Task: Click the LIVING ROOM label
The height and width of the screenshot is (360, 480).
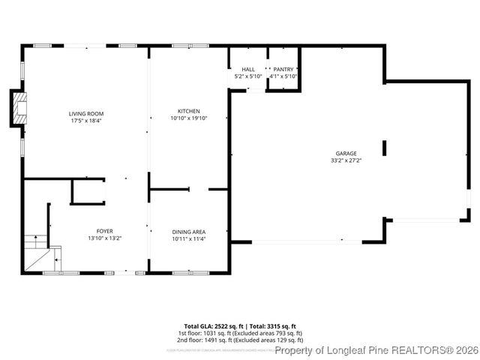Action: (x=85, y=113)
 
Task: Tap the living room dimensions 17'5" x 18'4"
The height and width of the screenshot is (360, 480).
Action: (x=85, y=120)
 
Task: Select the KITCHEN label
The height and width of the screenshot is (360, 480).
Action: (x=188, y=111)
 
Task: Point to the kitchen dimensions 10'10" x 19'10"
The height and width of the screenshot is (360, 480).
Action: (x=188, y=118)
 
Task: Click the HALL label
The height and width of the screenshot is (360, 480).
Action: (x=248, y=69)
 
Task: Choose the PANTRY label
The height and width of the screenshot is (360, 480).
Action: (x=283, y=69)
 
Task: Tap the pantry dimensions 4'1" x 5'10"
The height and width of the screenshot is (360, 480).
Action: (x=283, y=76)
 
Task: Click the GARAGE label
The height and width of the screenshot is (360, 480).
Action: (x=346, y=153)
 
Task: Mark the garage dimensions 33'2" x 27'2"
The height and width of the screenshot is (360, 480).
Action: (x=346, y=160)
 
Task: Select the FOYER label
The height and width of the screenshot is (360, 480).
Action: (x=104, y=232)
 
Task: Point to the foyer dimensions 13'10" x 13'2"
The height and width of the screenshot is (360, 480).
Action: (x=104, y=238)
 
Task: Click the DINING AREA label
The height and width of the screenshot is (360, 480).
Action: (x=188, y=232)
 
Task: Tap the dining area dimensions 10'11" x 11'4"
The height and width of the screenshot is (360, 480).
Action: (x=188, y=238)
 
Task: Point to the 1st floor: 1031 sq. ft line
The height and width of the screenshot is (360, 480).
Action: (x=239, y=332)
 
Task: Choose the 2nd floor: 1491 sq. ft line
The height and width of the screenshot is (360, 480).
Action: (x=239, y=339)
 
